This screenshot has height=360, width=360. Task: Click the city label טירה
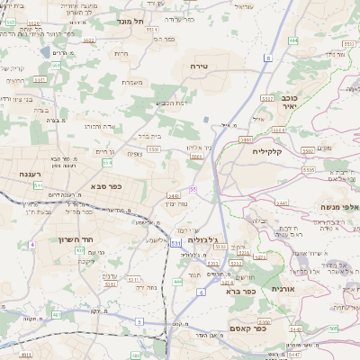(x=200, y=67)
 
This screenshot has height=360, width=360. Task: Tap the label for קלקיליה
(x=268, y=151)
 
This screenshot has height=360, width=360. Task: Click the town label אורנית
(x=283, y=289)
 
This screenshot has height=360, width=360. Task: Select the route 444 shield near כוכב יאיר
(x=293, y=40)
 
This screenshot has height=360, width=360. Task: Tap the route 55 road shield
(x=193, y=189)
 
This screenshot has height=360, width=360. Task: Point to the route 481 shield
(x=57, y=315)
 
